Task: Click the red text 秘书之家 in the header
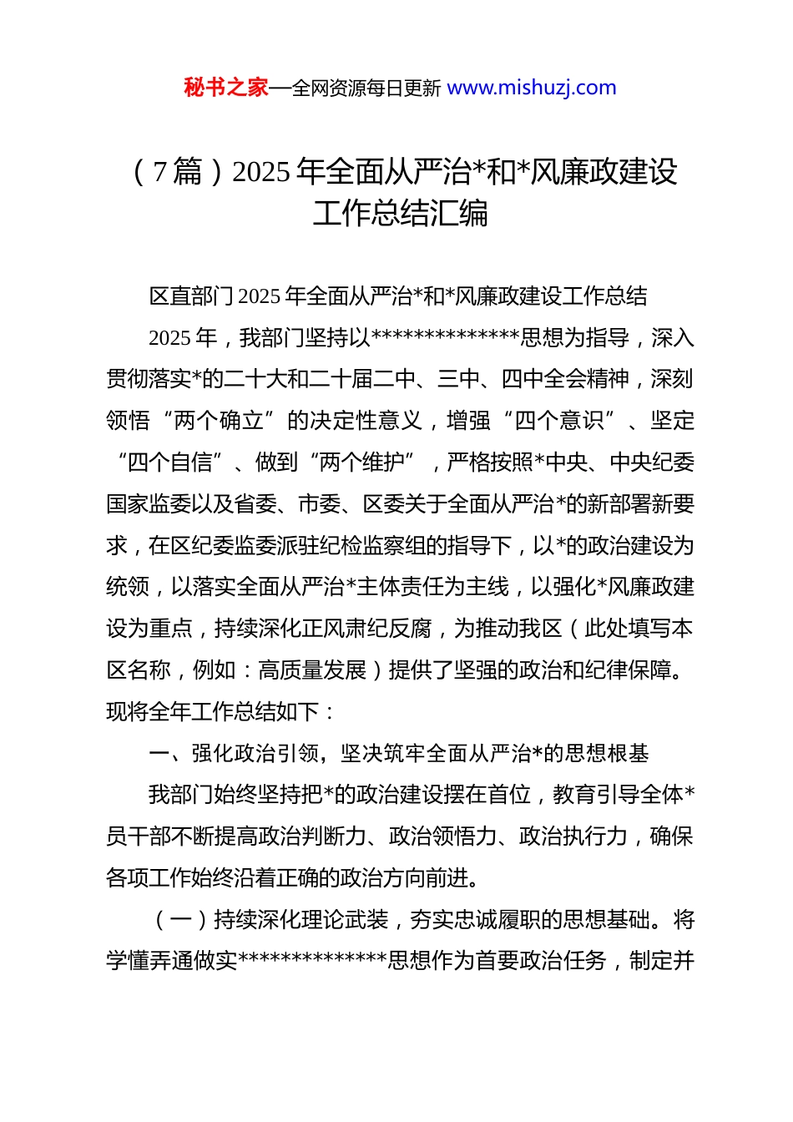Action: (x=225, y=88)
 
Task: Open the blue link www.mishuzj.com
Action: (x=532, y=88)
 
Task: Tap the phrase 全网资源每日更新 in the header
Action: (x=366, y=88)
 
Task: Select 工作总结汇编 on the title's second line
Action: (x=401, y=214)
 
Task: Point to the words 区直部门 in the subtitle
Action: (x=192, y=296)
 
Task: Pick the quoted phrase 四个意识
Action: (x=559, y=421)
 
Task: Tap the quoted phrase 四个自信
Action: (x=170, y=462)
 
